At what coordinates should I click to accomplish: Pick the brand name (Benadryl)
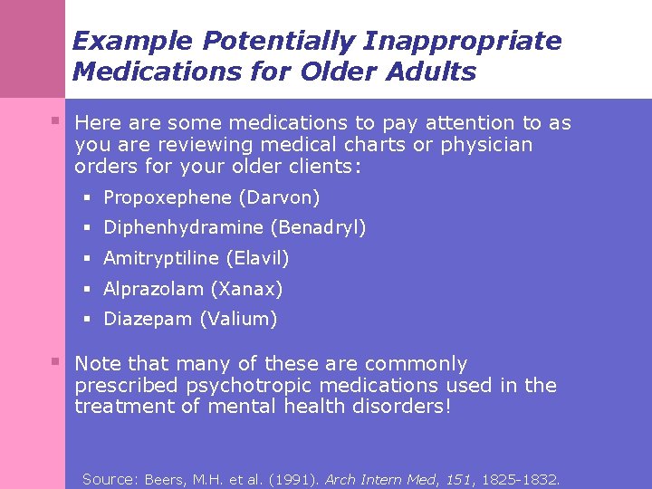[x=318, y=227]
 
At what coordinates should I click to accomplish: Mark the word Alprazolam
[x=154, y=289]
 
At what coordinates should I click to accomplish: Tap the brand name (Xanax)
[x=246, y=289]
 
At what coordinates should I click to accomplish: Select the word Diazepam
[x=149, y=319]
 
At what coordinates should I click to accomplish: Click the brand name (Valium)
[x=238, y=319]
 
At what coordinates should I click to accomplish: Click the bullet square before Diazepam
[x=89, y=319]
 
